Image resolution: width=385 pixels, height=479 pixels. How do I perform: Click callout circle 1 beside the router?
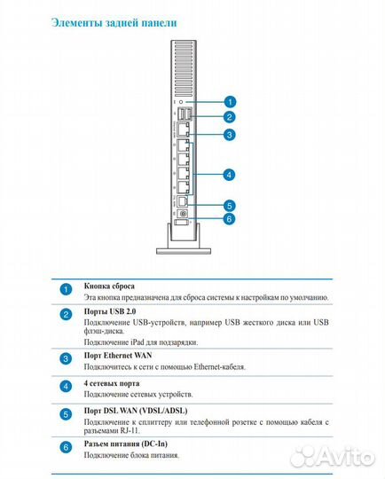pyautogui.click(x=230, y=102)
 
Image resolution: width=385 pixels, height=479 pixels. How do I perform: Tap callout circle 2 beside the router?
pyautogui.click(x=230, y=117)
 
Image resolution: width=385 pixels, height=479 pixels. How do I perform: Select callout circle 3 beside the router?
pyautogui.click(x=230, y=135)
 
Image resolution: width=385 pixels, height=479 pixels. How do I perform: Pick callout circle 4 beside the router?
pyautogui.click(x=229, y=175)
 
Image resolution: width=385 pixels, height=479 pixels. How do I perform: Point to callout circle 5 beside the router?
pyautogui.click(x=229, y=205)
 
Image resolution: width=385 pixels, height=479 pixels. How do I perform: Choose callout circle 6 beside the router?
pyautogui.click(x=229, y=219)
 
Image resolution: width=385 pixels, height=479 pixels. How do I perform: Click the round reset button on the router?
pyautogui.click(x=182, y=102)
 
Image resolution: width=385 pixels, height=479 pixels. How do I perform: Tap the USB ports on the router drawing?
pyautogui.click(x=184, y=114)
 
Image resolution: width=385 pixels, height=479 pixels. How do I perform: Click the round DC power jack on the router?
pyautogui.click(x=183, y=214)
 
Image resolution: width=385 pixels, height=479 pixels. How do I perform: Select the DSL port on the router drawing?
pyautogui.click(x=183, y=201)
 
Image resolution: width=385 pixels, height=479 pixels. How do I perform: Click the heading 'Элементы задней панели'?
pyautogui.click(x=114, y=23)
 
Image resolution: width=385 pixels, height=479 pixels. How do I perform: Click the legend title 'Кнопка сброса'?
pyautogui.click(x=109, y=287)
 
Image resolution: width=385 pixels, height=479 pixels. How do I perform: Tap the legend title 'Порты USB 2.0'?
pyautogui.click(x=110, y=311)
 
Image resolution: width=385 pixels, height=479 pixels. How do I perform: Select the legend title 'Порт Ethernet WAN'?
pyautogui.click(x=118, y=356)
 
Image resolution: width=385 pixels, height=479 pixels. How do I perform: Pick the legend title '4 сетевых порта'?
pyautogui.click(x=112, y=383)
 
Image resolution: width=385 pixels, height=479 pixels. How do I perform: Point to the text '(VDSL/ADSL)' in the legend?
pyautogui.click(x=163, y=411)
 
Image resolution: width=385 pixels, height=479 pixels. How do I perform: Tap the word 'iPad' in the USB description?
pyautogui.click(x=137, y=342)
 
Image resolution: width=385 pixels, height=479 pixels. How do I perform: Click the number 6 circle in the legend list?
pyautogui.click(x=66, y=447)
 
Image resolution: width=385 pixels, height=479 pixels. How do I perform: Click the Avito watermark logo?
pyautogui.click(x=332, y=457)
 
